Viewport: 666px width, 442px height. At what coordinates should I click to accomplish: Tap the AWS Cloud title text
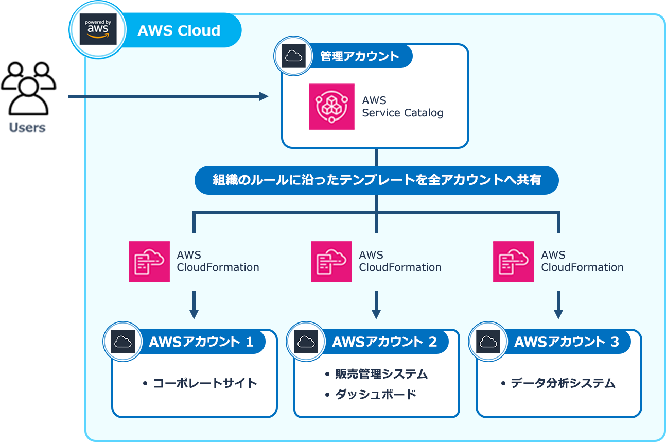point(179,30)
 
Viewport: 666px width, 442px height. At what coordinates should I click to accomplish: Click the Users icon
point(28,88)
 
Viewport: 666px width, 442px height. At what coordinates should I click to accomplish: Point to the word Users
point(27,127)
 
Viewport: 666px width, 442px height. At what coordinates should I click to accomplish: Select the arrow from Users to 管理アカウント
point(168,96)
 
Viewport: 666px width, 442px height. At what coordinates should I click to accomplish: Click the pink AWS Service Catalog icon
point(331,106)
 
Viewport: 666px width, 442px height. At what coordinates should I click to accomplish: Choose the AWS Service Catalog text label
point(402,107)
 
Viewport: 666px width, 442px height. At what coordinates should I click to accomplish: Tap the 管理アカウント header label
point(360,56)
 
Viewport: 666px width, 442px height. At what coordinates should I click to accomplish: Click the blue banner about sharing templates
point(376,180)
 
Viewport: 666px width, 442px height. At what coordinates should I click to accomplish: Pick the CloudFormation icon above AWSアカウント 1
point(149,261)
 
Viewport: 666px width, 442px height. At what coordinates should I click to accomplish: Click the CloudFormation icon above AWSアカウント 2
point(331,261)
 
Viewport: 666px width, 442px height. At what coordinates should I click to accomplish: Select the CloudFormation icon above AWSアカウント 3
point(514,261)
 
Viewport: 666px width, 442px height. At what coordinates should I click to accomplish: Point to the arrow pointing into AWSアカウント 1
point(194,305)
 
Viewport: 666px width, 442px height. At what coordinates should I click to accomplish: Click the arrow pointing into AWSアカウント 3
point(558,305)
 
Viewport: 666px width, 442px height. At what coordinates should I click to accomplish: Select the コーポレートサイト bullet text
point(205,383)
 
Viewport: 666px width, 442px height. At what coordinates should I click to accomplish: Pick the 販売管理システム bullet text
point(381,374)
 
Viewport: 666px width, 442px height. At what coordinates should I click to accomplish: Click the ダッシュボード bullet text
point(376,395)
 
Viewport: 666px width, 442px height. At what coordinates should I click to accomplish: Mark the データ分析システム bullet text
point(563,383)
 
